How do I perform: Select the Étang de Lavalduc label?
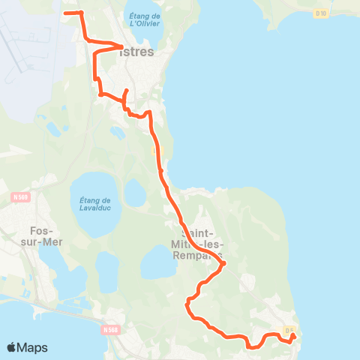(95, 205)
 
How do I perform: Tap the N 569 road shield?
(21, 197)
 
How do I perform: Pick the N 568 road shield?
(109, 328)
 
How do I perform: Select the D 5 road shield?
(290, 330)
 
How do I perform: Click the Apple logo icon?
(12, 347)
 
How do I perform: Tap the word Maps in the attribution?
(33, 347)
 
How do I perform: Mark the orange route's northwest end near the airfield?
(64, 13)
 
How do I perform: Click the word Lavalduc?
(95, 209)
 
